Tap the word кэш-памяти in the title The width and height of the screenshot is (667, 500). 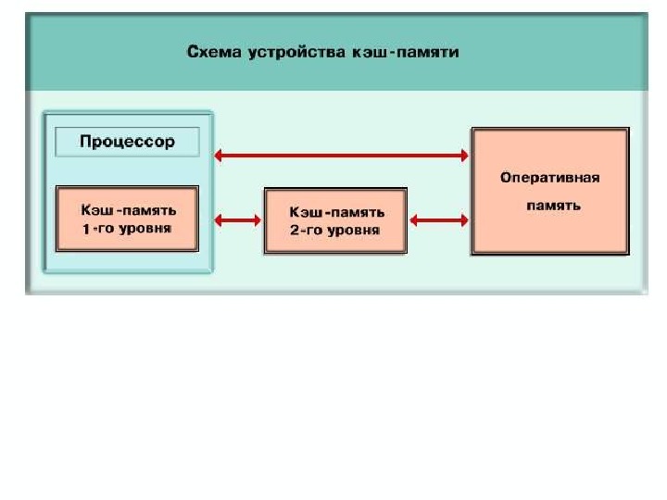(406, 53)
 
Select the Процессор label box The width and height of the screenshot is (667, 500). (127, 143)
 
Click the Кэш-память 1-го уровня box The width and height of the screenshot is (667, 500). (127, 219)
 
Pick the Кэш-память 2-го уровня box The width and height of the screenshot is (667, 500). (335, 220)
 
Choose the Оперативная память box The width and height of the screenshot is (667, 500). (550, 191)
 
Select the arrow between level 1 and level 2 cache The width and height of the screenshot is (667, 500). (238, 220)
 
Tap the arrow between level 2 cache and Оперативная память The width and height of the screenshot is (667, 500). (439, 220)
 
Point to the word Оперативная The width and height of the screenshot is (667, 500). (550, 177)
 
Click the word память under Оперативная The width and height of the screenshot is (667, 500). (553, 206)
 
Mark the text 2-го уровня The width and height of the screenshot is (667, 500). (334, 230)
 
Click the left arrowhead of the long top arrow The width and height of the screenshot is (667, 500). (220, 156)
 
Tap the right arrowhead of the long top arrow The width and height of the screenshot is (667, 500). (464, 156)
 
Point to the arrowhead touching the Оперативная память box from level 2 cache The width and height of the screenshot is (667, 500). (464, 220)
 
